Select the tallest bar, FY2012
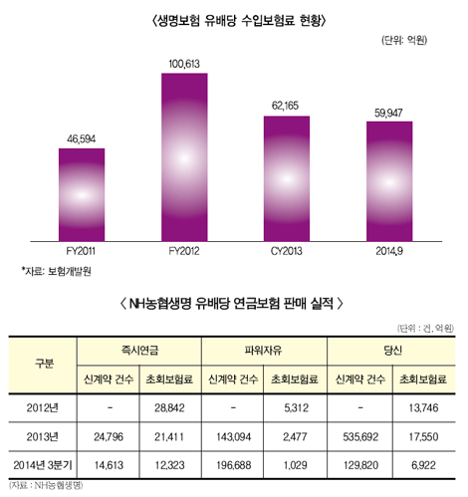190,155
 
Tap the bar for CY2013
294,177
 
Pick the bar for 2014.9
395,179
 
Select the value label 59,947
395,113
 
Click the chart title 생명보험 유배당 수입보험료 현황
235,19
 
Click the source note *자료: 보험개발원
57,270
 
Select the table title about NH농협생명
235,301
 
